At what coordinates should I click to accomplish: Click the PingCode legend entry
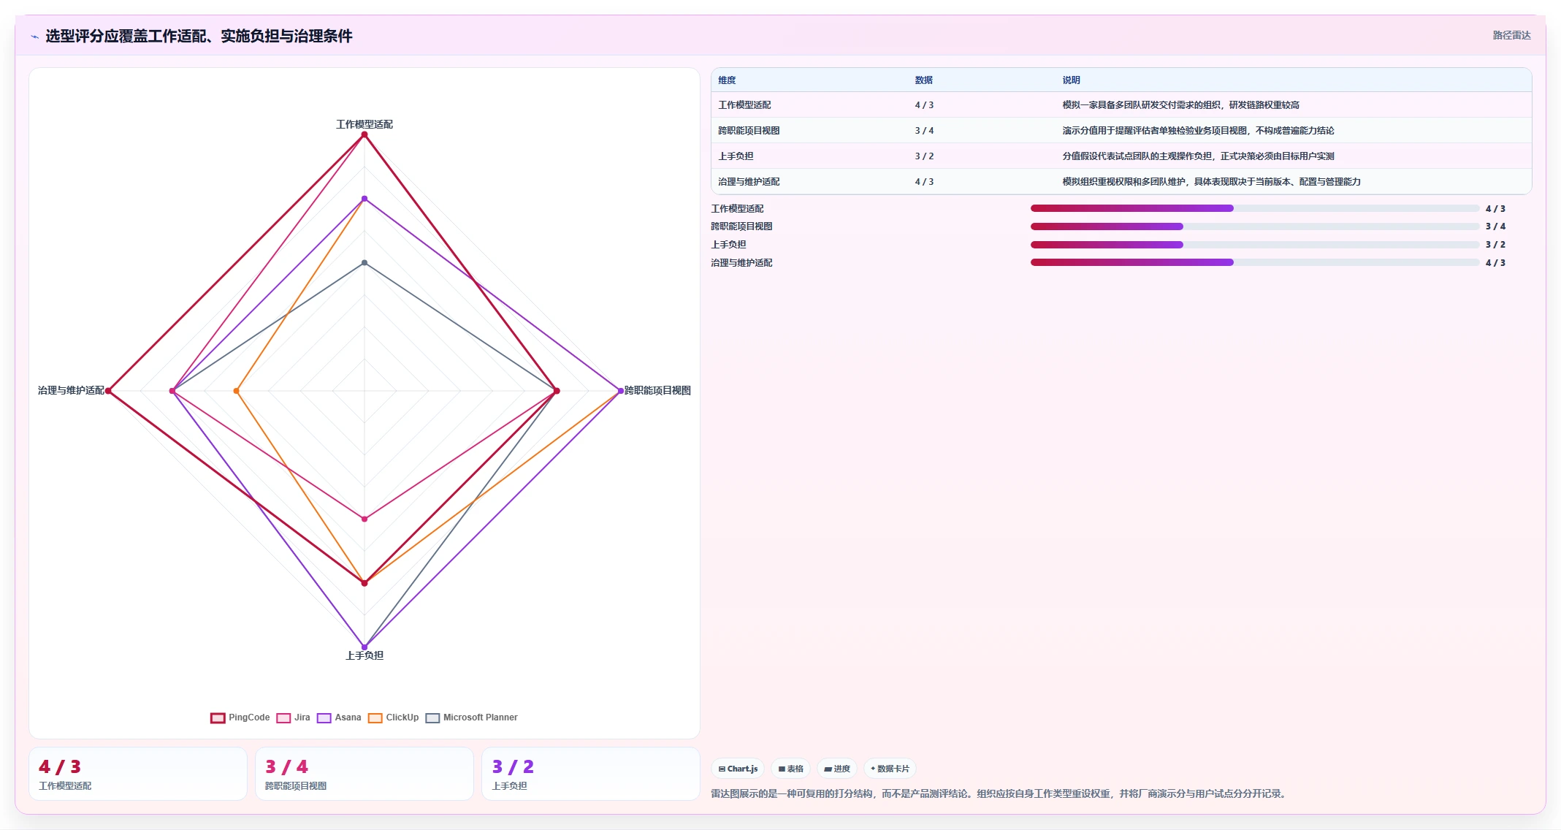[240, 717]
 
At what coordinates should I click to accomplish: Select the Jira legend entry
[294, 717]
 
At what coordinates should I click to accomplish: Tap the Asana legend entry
[339, 717]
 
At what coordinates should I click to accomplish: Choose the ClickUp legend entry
[394, 717]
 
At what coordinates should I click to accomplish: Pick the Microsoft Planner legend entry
[472, 717]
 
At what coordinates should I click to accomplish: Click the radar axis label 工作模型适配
[365, 124]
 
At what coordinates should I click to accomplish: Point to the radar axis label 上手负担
[365, 655]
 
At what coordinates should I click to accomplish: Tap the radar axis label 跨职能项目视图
[657, 390]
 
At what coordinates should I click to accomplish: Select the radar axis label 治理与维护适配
[71, 390]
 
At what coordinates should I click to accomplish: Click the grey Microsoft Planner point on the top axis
[365, 262]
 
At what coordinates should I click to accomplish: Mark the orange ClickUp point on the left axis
[236, 391]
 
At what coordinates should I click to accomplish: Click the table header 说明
[1071, 80]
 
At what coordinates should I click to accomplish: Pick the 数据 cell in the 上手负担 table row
[924, 156]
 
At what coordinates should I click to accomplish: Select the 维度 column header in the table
[727, 80]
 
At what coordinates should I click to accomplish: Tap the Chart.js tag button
[738, 769]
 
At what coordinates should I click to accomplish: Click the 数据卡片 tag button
[890, 769]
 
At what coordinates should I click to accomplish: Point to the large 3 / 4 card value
[286, 766]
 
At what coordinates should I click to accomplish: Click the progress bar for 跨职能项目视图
[1254, 226]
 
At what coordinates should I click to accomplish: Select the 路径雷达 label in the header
[1511, 35]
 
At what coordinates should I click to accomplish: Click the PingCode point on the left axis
[108, 391]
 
